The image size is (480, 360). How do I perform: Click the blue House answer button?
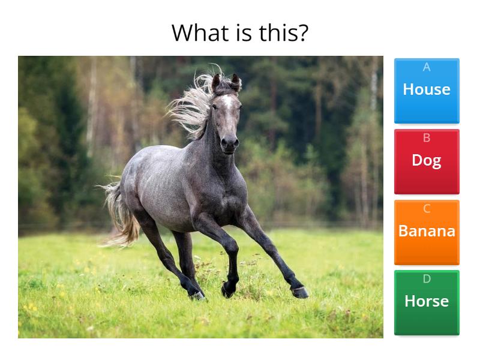[427, 91]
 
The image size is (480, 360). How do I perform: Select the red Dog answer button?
[427, 161]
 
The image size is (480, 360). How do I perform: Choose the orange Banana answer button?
[427, 232]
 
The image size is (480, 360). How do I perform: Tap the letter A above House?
[427, 67]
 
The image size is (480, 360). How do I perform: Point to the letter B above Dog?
[427, 138]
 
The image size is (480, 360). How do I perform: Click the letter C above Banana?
[427, 209]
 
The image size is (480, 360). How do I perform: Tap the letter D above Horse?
[427, 279]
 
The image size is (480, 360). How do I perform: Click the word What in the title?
[201, 32]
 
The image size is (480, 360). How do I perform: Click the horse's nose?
[229, 143]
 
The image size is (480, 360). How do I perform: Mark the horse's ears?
[226, 81]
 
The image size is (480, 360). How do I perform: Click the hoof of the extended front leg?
[301, 292]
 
